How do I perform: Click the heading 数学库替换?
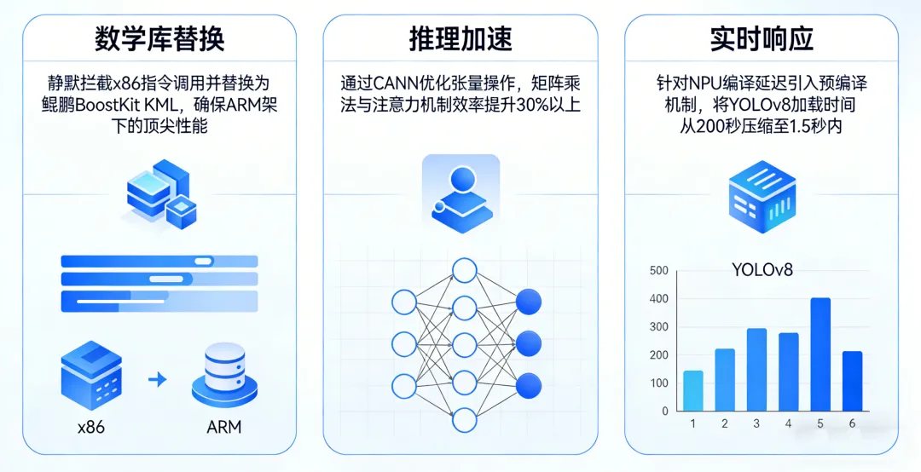159,39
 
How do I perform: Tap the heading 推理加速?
460,39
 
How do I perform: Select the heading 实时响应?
762,39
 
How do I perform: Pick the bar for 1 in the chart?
693,390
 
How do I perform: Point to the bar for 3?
756,369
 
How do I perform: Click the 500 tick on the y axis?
659,271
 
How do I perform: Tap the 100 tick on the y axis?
659,383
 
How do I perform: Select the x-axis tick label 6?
852,423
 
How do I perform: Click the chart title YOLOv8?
762,270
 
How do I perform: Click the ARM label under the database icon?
224,427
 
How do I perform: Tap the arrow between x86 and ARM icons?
157,379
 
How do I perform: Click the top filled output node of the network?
529,301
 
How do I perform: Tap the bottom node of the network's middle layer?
464,419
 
